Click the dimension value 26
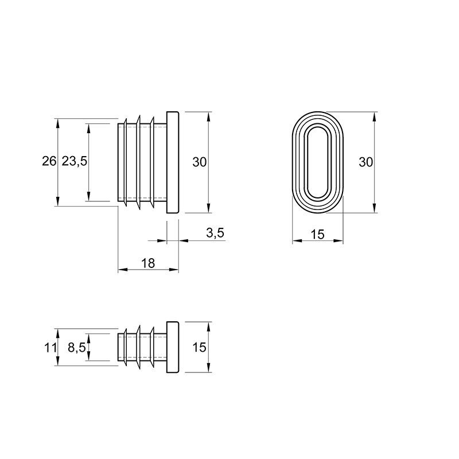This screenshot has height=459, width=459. coord(49,161)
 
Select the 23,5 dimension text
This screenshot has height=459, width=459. coord(75,161)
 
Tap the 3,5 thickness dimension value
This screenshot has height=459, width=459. coord(215,233)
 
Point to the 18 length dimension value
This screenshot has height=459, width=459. coord(148,263)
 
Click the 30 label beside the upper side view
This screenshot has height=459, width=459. coord(199,162)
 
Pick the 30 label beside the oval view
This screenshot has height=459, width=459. coord(366,162)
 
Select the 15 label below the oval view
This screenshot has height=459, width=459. coord(318,235)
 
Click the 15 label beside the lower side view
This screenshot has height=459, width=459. coord(199,348)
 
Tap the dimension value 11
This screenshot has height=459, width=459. coord(50,348)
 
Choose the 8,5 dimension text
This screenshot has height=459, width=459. coord(77,348)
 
